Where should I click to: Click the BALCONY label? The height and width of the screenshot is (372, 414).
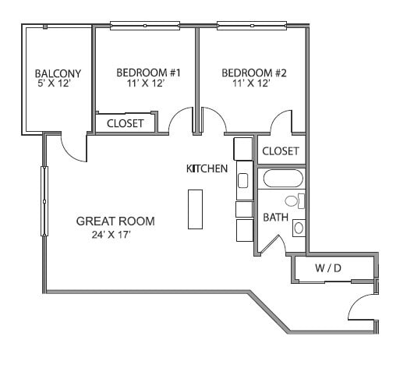pos(58,74)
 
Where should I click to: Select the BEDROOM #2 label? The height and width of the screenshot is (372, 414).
pos(254,73)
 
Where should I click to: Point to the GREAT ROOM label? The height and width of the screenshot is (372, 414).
pos(115,221)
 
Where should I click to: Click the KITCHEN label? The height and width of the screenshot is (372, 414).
pos(207,168)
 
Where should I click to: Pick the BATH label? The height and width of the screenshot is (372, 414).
pos(274,217)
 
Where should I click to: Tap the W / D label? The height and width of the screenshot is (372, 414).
pos(328,268)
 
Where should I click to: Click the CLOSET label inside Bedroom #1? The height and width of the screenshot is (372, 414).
pos(125,123)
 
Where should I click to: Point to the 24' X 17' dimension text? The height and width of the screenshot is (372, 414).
pos(111,235)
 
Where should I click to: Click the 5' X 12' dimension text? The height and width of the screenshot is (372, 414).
pos(58,84)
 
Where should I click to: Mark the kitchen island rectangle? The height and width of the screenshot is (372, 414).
pos(195,208)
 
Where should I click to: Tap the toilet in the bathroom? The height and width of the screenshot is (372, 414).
pos(295,201)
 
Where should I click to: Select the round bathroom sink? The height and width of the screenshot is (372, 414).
pos(298,228)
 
